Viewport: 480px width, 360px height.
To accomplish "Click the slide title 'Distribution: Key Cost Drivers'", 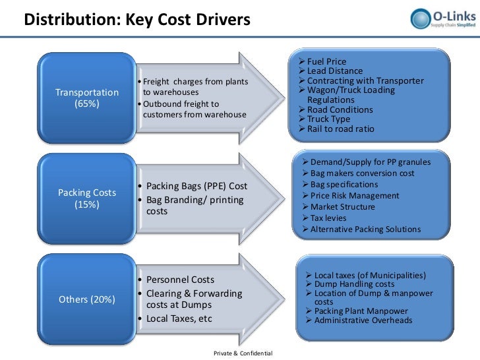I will [x=137, y=20].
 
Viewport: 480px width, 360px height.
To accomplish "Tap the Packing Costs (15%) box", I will [x=87, y=198].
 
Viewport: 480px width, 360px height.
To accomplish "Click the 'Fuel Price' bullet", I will [x=326, y=61].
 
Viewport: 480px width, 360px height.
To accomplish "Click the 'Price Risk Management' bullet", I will [x=354, y=195].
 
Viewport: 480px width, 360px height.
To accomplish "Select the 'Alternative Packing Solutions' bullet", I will [x=365, y=229].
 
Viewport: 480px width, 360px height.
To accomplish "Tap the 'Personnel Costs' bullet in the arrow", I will [x=179, y=280].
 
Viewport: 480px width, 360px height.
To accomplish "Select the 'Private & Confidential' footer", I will [x=243, y=354].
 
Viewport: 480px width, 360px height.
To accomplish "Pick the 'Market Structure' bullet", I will [x=342, y=206].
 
